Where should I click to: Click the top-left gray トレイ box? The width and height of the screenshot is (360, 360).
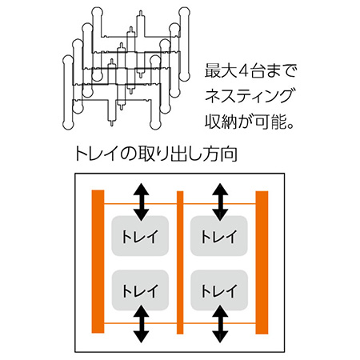point(140,236)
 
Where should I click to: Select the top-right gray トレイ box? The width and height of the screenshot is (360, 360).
point(219,236)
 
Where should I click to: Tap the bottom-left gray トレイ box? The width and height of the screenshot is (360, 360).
point(140,290)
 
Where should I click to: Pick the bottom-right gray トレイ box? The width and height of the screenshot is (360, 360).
point(219,290)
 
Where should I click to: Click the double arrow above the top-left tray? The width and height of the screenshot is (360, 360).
point(141,202)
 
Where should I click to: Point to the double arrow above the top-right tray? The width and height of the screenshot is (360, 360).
point(220,202)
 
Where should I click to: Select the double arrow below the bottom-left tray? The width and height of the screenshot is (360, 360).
point(141,324)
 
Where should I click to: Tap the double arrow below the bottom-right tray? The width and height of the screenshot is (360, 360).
point(220,324)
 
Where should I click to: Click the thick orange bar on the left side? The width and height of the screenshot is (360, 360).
point(98,262)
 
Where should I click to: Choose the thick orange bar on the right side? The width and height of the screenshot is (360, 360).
point(262,262)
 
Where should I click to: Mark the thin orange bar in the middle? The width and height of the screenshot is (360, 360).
point(180,262)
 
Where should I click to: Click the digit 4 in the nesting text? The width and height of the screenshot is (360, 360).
point(242,71)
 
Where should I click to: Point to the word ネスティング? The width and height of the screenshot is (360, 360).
point(249,96)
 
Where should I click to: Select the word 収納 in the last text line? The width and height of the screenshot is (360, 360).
point(221,122)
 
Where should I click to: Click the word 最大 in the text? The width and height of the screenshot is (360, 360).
point(220,70)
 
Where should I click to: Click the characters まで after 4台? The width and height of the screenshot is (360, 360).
point(282,71)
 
